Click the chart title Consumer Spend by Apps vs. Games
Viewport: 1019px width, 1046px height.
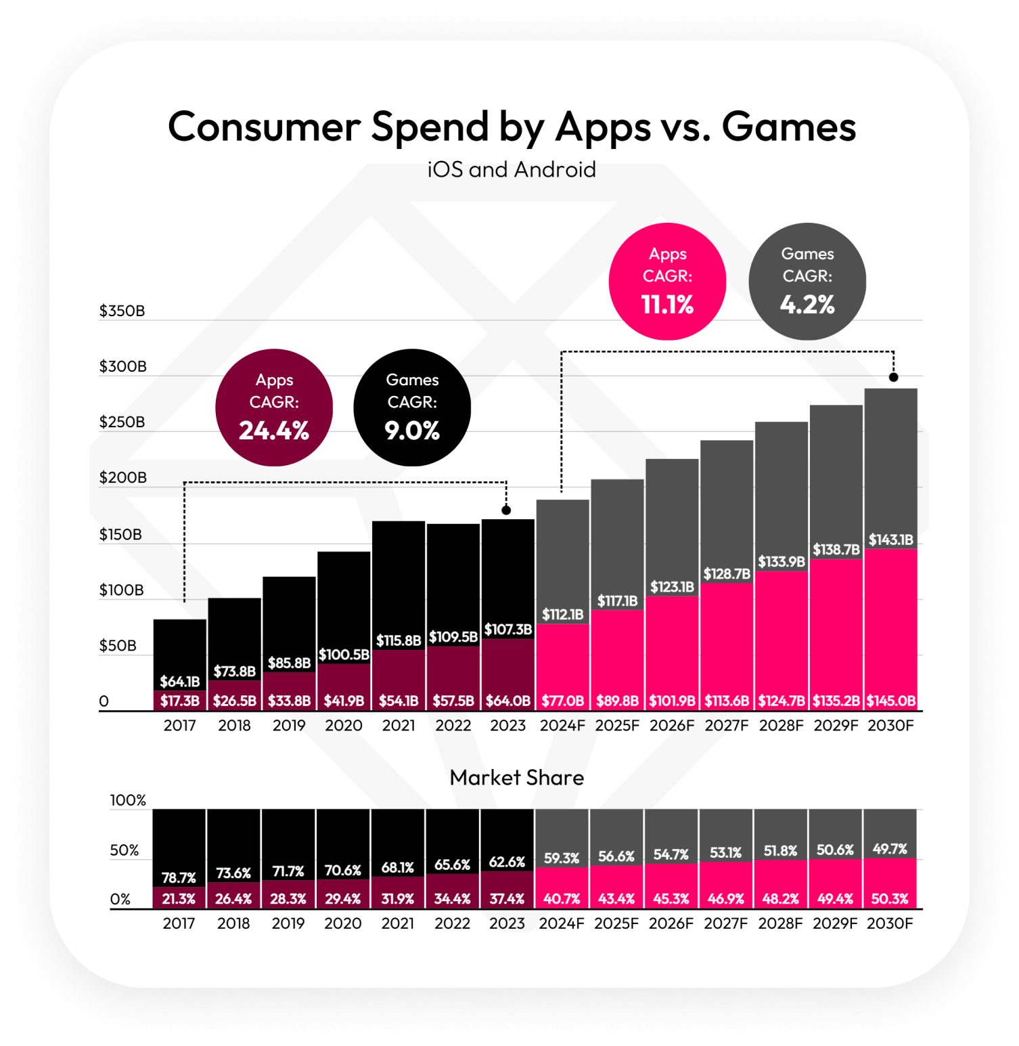tap(512, 127)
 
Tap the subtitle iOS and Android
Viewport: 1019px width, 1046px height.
tap(512, 169)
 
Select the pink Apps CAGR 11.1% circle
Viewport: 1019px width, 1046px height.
tap(667, 281)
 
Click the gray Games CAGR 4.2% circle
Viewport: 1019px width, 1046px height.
tap(807, 281)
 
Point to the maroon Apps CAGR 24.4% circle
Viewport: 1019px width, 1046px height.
tap(274, 408)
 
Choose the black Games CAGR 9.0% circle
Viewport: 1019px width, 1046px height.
tap(412, 408)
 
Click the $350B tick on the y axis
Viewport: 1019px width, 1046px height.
tap(122, 311)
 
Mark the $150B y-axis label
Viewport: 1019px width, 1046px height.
tap(121, 534)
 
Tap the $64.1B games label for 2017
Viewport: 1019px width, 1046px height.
tap(180, 681)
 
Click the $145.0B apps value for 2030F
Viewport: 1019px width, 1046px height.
tap(891, 701)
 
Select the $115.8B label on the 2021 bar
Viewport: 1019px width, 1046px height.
tap(399, 640)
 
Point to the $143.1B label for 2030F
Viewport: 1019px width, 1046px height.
tap(891, 540)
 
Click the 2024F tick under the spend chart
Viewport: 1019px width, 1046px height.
tap(562, 725)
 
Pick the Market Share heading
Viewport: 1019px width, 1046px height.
tap(517, 777)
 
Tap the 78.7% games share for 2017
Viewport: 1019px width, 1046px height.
tap(179, 877)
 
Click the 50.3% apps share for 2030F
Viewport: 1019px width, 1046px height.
tap(890, 898)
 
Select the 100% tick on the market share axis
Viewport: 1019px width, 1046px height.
tap(128, 800)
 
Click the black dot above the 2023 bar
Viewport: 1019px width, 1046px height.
tap(506, 510)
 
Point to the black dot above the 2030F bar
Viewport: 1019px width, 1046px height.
tap(894, 377)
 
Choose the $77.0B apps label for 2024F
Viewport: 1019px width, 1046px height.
tap(562, 701)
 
